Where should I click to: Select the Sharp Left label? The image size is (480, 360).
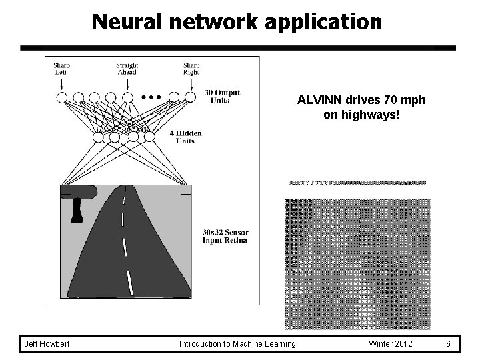tap(61, 69)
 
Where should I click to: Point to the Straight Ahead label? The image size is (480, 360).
tap(127, 69)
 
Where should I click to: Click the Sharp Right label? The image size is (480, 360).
tap(191, 69)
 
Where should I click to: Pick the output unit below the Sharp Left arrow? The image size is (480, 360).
tap(62, 97)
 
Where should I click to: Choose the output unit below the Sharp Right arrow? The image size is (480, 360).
tap(191, 97)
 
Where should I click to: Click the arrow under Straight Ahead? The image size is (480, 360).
tap(127, 84)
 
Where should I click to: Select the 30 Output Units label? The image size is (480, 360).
tap(222, 96)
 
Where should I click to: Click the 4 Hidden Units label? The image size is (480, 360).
tap(185, 137)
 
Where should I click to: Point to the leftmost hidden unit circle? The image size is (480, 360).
tap(98, 137)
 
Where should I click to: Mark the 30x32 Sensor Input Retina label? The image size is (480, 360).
tap(225, 236)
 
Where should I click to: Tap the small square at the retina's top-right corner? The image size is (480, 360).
tap(185, 189)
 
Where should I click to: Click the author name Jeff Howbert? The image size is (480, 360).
tap(47, 343)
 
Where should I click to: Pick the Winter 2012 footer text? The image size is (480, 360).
tap(391, 343)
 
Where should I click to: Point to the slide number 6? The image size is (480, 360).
tap(449, 343)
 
